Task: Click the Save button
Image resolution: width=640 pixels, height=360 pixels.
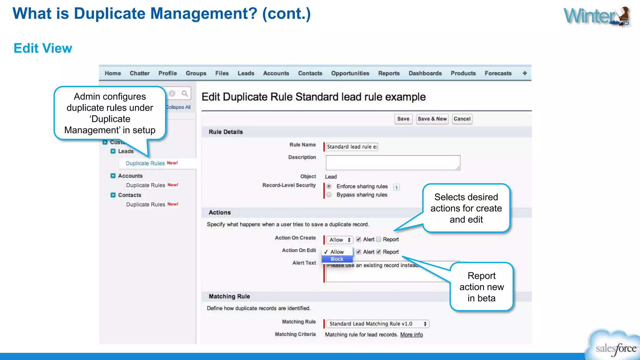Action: [x=403, y=119]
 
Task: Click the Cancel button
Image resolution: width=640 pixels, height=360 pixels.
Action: [x=462, y=119]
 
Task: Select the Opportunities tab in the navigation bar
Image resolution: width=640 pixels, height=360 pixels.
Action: [x=350, y=73]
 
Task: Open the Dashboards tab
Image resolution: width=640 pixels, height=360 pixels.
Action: [x=425, y=73]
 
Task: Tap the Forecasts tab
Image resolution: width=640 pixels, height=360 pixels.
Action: [x=498, y=73]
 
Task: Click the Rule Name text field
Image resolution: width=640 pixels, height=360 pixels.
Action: [x=352, y=147]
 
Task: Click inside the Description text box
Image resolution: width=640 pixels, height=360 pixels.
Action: [x=393, y=162]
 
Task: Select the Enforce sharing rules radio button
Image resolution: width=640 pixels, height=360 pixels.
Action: [x=329, y=186]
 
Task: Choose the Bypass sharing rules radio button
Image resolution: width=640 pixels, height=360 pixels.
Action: [x=329, y=195]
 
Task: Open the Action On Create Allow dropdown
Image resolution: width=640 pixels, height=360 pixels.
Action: [x=340, y=240]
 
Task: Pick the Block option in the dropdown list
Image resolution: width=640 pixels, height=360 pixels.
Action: [x=337, y=259]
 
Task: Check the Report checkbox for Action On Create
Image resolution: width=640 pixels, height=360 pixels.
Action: [x=379, y=239]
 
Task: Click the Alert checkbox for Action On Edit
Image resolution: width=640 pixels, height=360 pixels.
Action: [x=359, y=252]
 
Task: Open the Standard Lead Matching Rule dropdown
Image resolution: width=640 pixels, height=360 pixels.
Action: [x=377, y=324]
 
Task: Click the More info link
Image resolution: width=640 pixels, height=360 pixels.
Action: [x=411, y=334]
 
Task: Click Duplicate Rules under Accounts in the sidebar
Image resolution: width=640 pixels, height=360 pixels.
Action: [x=146, y=185]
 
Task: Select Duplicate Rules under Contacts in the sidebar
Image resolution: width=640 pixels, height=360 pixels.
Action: [x=146, y=204]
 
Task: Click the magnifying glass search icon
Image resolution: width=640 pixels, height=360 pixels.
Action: [x=185, y=93]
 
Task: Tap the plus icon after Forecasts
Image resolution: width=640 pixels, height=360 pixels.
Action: [x=525, y=73]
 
